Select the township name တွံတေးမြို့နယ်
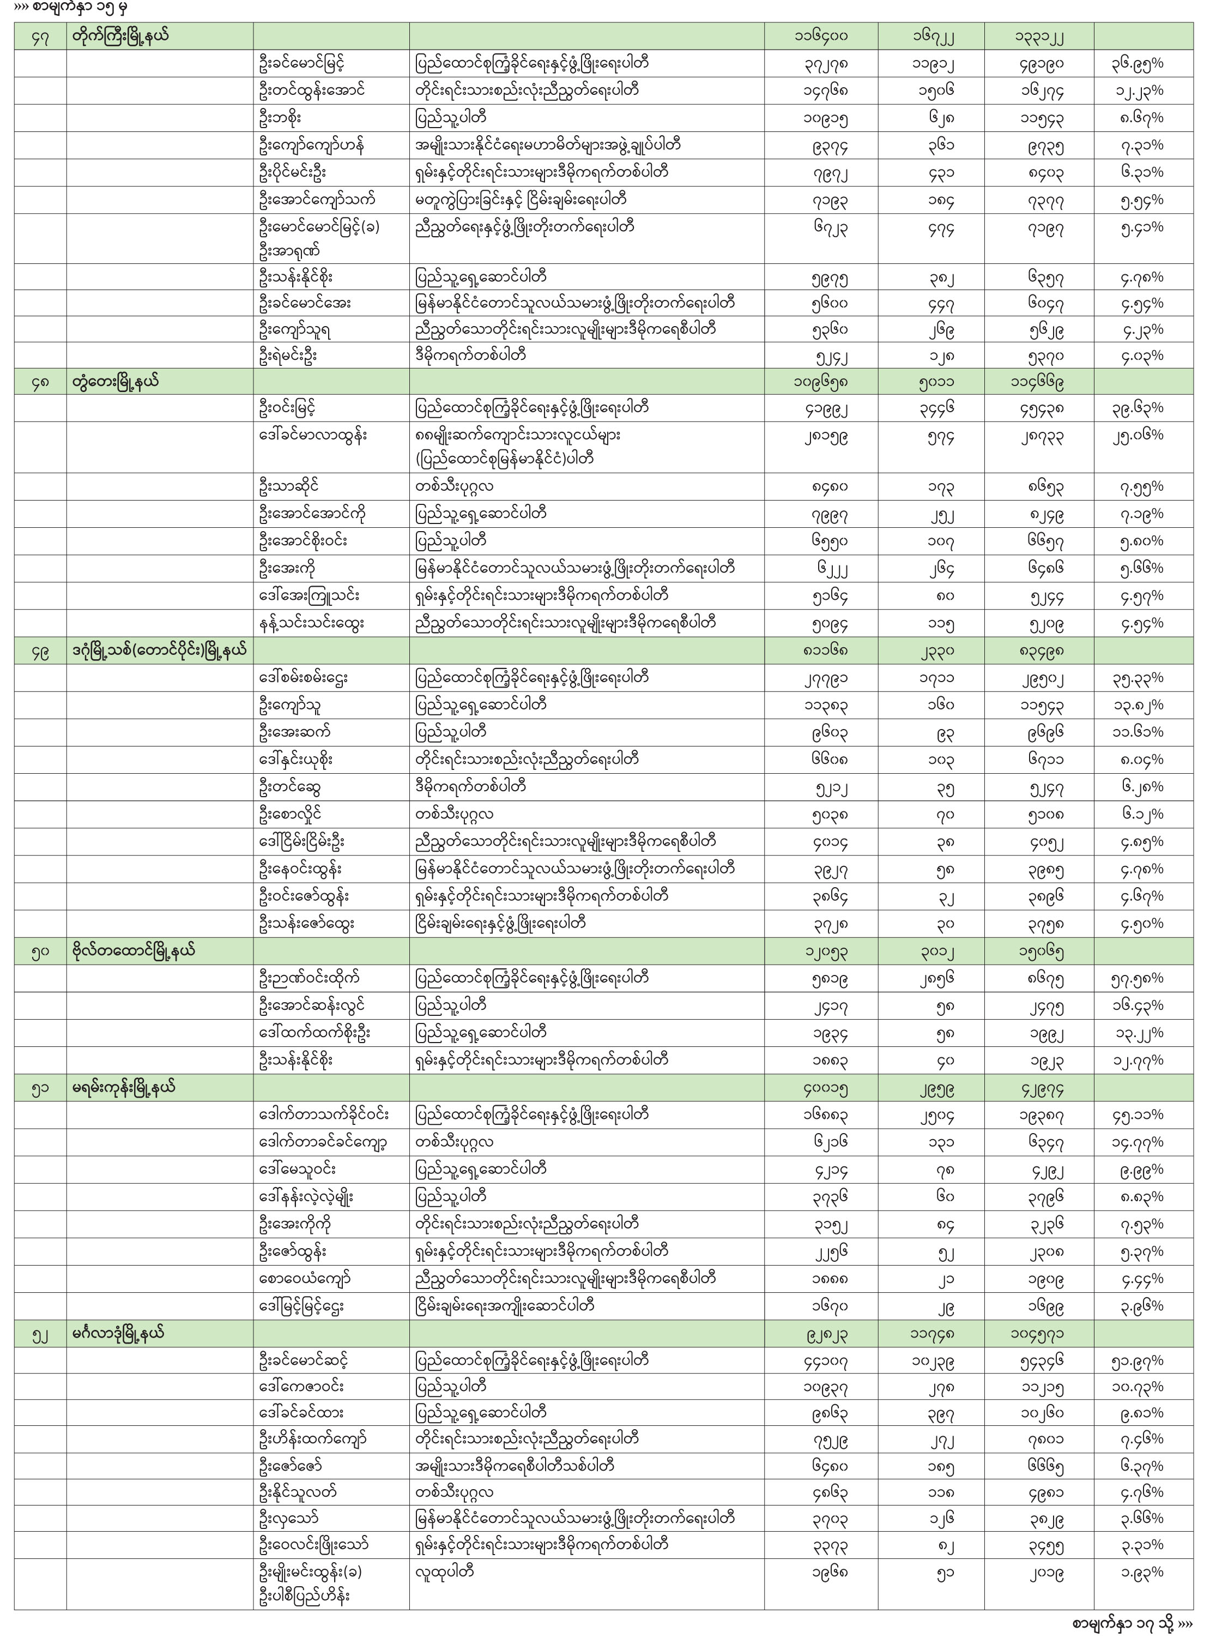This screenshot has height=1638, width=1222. tap(114, 382)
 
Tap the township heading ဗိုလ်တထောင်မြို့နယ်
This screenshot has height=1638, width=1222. tap(133, 951)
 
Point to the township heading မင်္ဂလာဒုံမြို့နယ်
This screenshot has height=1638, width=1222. tap(118, 1333)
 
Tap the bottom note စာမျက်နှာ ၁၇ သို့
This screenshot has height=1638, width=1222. tap(1132, 1623)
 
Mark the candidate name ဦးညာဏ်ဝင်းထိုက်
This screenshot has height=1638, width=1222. tap(311, 978)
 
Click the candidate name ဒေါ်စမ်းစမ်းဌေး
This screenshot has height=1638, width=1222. tap(303, 677)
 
